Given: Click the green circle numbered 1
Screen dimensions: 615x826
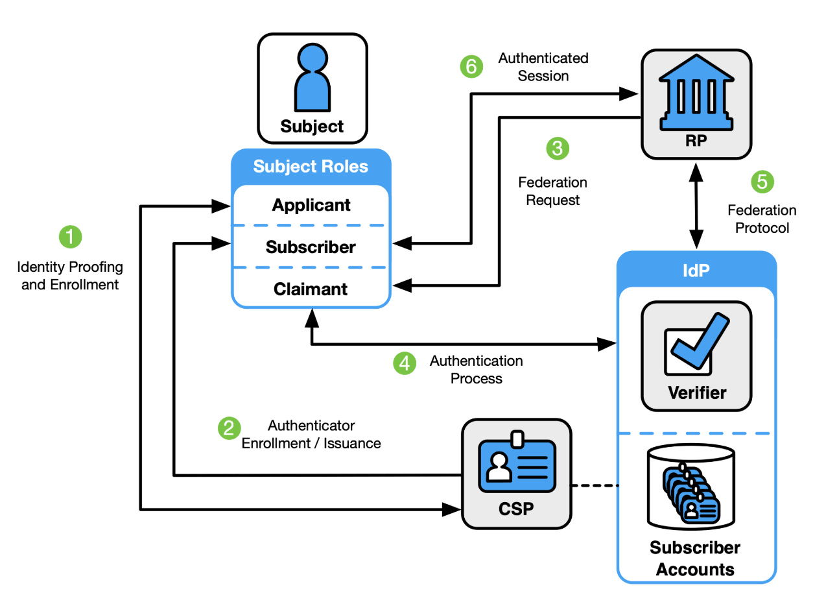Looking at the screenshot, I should click(71, 237).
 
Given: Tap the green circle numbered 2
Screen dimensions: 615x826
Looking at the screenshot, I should click(229, 428).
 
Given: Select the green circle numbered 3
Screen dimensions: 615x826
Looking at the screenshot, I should click(558, 148).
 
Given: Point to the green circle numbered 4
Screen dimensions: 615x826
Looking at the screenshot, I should click(405, 363).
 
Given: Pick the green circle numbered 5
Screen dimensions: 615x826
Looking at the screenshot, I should click(762, 182).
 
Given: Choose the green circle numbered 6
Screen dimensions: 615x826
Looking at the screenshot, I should click(472, 67).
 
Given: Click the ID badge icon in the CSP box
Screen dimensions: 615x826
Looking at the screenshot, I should click(517, 464).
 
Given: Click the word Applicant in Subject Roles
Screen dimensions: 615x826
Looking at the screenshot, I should click(311, 206).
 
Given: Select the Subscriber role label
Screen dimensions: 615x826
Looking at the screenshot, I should click(311, 247).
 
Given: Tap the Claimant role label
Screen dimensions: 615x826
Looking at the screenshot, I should click(311, 289).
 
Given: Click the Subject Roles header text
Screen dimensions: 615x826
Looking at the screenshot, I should click(311, 167).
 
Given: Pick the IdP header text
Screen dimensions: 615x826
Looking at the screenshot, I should click(696, 270).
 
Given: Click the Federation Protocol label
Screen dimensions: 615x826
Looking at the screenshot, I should click(761, 219).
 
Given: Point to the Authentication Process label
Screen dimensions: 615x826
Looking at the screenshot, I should click(477, 369).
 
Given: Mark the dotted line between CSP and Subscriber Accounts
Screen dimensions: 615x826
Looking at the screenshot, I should click(594, 485).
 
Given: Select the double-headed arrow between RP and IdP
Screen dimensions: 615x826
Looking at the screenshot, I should click(696, 206).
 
